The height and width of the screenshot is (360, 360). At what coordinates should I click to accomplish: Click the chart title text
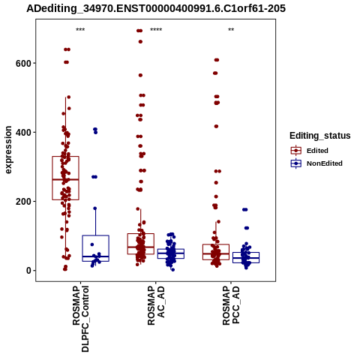tap(156, 8)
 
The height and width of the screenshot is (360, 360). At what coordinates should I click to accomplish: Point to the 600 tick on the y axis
tap(23, 63)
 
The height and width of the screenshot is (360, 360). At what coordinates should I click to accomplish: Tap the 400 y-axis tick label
tap(23, 132)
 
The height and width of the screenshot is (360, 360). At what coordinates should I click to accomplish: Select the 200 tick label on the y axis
tap(23, 201)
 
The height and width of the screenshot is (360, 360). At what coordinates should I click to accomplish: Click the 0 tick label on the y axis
tap(28, 271)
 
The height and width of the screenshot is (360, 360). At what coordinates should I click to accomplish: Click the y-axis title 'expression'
tap(8, 150)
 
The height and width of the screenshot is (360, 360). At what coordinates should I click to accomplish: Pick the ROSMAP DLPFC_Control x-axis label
tap(80, 319)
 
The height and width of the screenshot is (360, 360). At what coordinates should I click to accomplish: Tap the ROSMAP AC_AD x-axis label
tap(156, 305)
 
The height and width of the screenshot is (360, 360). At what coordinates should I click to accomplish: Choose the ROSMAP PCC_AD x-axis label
tap(231, 305)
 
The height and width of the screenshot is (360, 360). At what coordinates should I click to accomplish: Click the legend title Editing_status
tap(320, 136)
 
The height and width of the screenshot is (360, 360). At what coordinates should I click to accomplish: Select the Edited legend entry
tap(309, 151)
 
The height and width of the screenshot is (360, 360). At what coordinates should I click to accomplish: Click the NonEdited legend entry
tap(316, 163)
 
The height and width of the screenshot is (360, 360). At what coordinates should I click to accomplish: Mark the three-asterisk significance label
tap(80, 30)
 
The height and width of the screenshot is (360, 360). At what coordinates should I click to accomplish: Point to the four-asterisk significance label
tap(156, 30)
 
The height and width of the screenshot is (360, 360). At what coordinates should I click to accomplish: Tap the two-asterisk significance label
tap(231, 30)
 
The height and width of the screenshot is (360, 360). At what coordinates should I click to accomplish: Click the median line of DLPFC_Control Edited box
tap(66, 179)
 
